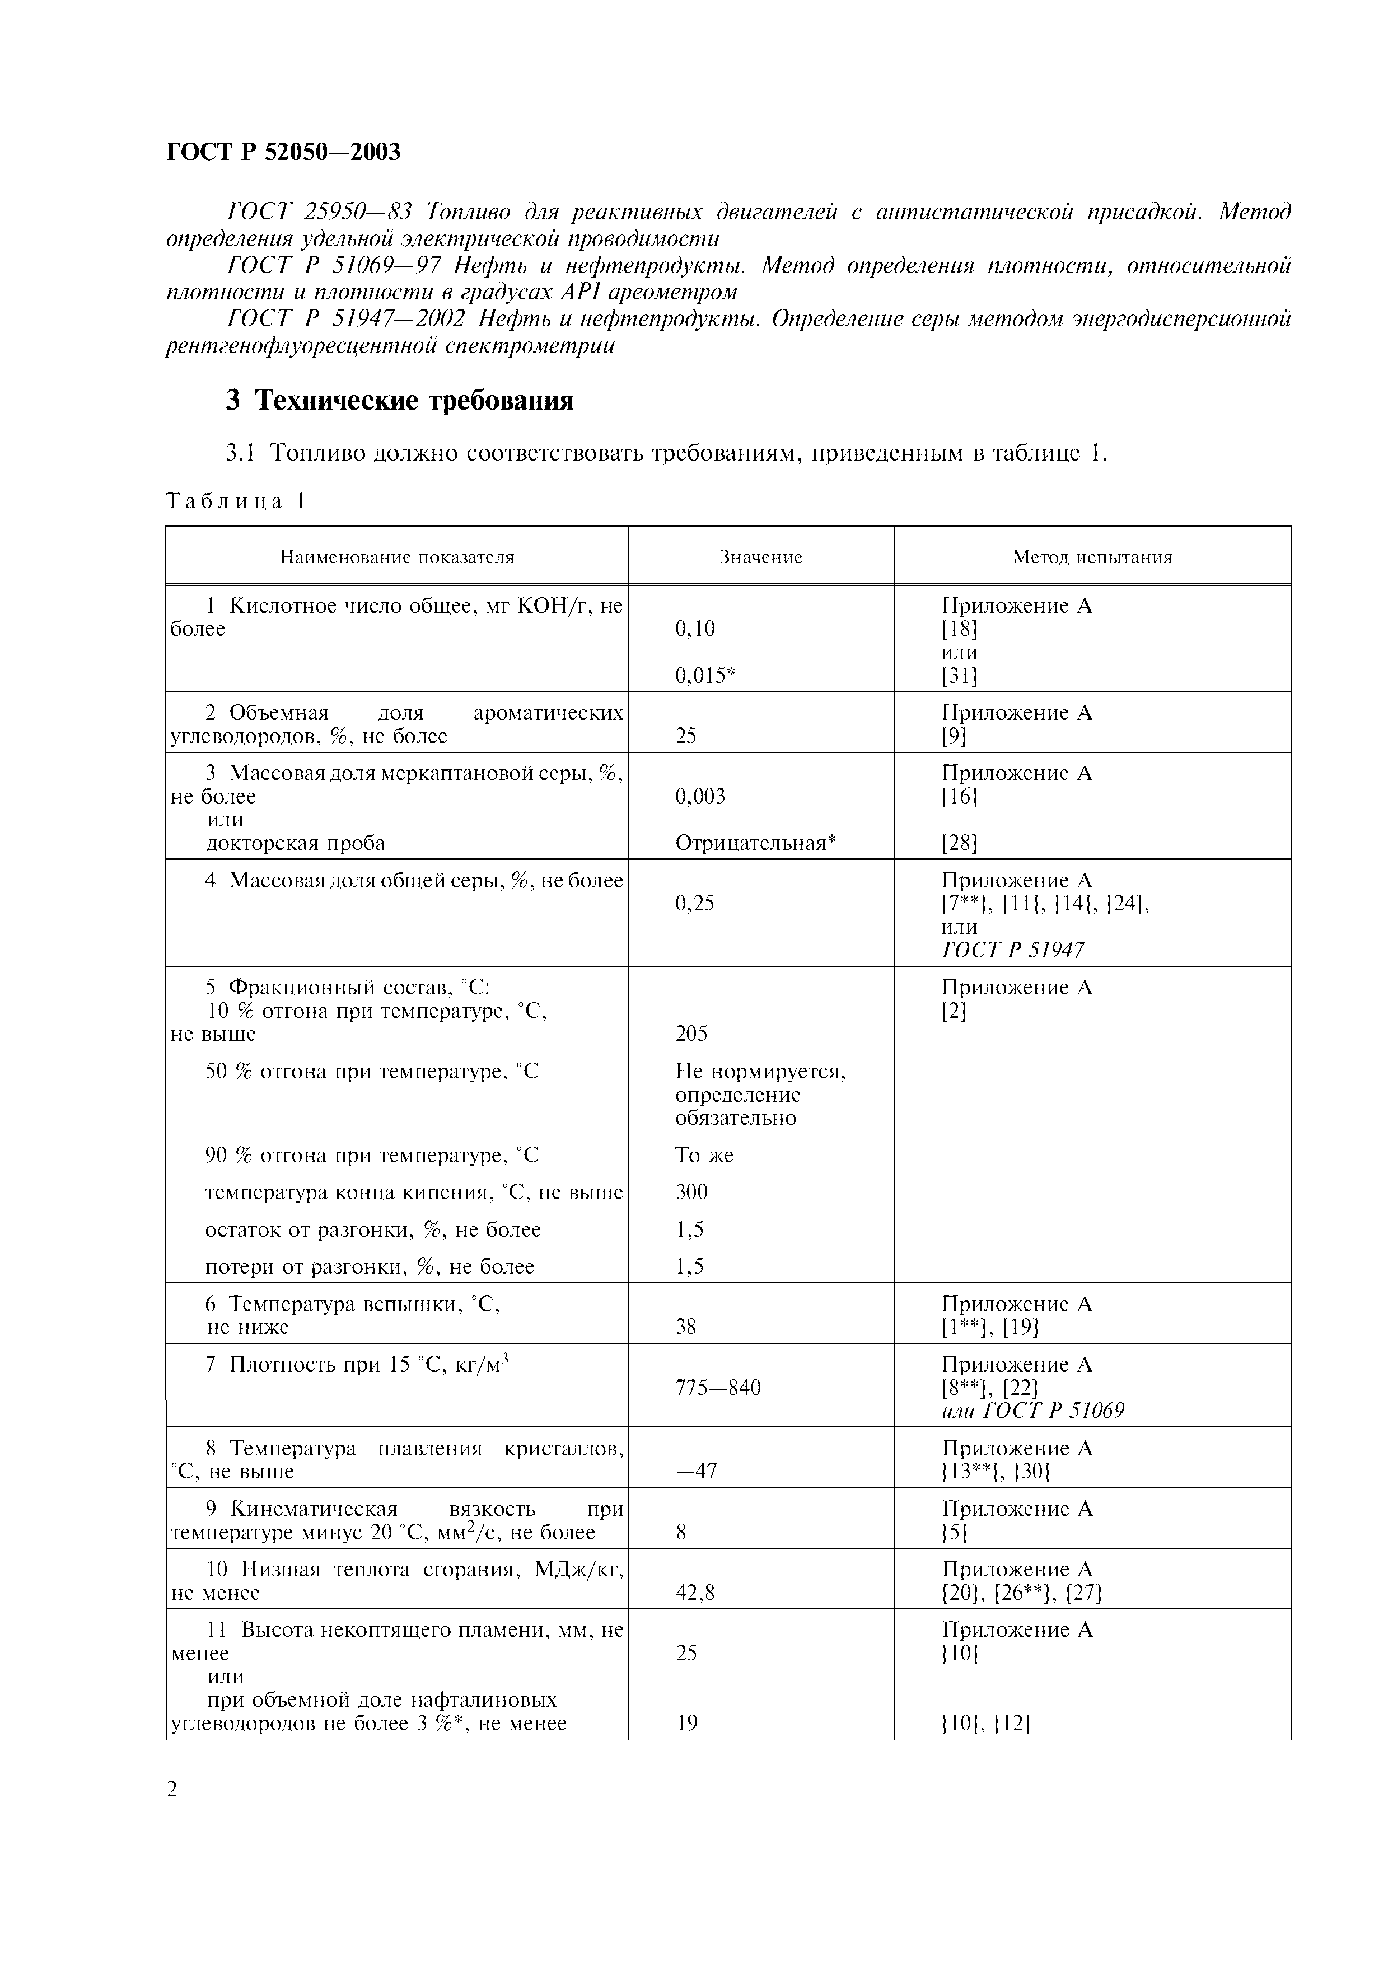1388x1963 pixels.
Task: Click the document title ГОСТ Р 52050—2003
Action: point(283,152)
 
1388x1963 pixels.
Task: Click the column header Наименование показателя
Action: point(397,557)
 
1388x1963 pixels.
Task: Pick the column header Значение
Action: point(760,557)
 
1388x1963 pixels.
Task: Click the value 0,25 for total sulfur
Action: point(694,904)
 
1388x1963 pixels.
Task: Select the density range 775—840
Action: point(718,1388)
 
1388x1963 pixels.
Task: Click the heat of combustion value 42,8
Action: point(694,1593)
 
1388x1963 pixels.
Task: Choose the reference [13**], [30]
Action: point(996,1471)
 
